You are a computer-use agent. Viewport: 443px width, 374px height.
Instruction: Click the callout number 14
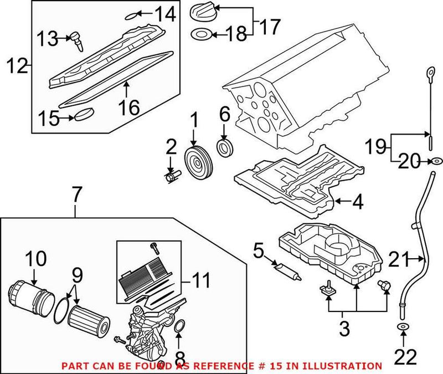[164, 13]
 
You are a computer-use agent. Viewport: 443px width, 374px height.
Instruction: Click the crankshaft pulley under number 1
[194, 161]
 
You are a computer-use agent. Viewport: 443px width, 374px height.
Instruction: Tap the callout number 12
[17, 67]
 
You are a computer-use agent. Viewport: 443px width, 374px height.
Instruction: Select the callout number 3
[344, 329]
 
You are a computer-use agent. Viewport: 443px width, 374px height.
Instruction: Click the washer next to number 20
[436, 161]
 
